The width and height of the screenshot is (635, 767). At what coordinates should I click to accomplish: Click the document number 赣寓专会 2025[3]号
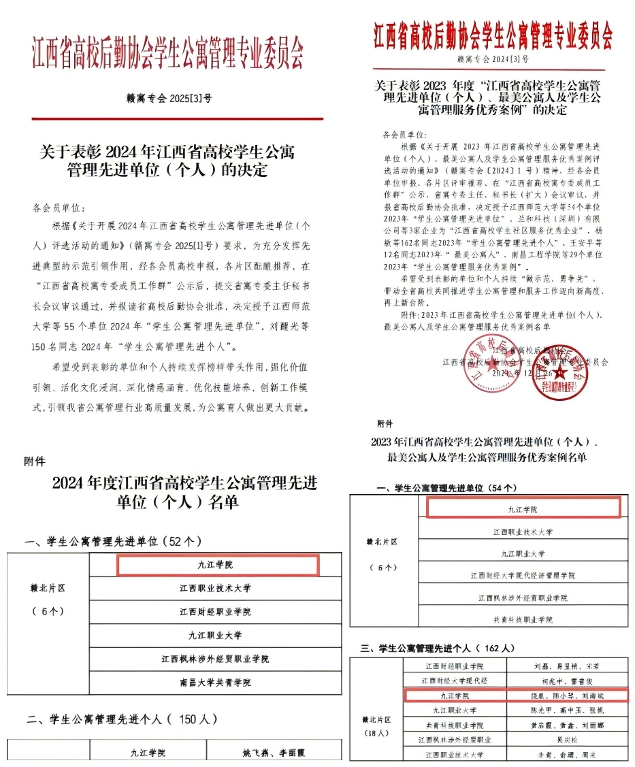(x=169, y=98)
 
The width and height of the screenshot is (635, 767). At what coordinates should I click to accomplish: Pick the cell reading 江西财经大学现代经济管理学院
(x=523, y=575)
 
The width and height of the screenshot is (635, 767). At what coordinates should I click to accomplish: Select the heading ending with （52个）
(x=113, y=542)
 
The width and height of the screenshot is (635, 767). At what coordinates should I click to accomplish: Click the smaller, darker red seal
(x=558, y=373)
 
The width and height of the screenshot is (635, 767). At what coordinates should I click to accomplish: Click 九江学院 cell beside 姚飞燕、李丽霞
(x=148, y=753)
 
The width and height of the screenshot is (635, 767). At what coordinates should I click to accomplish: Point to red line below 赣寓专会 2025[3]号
(x=178, y=118)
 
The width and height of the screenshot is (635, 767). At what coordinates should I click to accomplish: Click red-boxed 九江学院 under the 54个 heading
(x=523, y=508)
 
